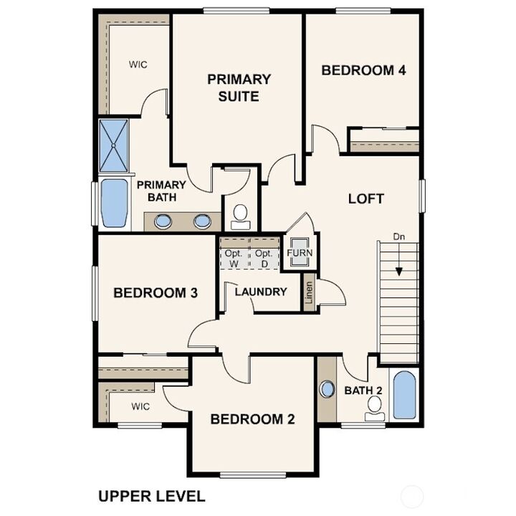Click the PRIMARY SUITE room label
coord(239,87)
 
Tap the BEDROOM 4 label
coord(363,70)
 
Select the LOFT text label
coord(365,199)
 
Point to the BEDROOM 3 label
coord(156,292)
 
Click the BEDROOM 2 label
coord(252,419)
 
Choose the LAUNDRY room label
coord(261,292)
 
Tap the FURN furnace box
coord(300,254)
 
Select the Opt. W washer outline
coord(234,259)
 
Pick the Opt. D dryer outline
coord(264,259)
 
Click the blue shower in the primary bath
coord(115,145)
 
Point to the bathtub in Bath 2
coord(404,395)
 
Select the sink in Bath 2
coord(328,390)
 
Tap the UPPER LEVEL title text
coord(151,496)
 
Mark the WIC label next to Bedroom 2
coord(140,406)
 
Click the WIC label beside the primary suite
coord(138,64)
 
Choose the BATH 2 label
coord(364,391)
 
